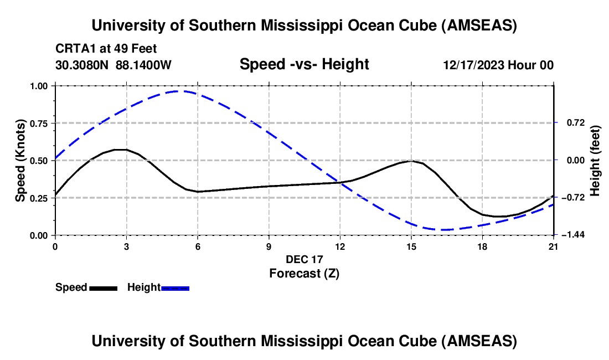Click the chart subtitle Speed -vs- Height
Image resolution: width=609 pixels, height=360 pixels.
click(304, 65)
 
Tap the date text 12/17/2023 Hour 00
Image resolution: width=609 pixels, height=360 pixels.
click(498, 65)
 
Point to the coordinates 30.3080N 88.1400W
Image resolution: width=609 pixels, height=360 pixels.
click(113, 65)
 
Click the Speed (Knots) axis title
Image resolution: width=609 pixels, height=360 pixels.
click(20, 160)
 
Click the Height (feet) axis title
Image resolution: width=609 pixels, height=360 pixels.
click(595, 161)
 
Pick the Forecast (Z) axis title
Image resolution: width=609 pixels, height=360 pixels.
click(304, 273)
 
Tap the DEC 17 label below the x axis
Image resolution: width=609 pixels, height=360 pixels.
click(304, 259)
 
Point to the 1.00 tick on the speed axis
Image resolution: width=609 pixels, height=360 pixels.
click(39, 86)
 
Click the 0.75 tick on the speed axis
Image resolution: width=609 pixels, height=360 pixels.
click(39, 123)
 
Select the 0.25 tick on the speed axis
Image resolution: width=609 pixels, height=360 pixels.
click(39, 198)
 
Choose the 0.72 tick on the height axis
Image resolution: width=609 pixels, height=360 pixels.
click(570, 123)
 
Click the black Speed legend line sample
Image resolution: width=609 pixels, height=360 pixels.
click(103, 287)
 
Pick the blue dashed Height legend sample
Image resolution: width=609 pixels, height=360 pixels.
click(175, 287)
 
